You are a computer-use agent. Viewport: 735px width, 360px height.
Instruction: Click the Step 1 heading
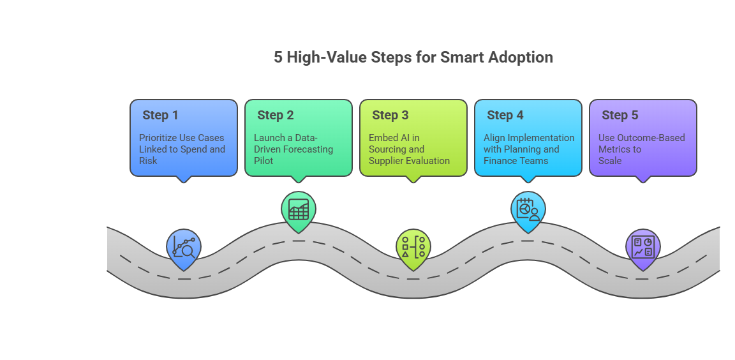pos(160,116)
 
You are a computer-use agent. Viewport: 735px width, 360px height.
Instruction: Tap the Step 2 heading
pos(275,116)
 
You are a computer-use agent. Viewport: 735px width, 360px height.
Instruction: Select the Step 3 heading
pos(390,116)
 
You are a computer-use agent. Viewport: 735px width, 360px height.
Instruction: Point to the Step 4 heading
pos(505,116)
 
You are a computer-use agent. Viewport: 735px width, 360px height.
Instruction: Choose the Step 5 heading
pos(620,116)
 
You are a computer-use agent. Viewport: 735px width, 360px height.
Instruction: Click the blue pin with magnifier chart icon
pos(184,248)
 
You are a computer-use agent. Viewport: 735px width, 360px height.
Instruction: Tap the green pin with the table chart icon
pos(299,211)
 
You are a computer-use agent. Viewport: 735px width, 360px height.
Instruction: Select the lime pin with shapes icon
pos(413,248)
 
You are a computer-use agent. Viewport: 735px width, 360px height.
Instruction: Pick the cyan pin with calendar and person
pos(528,211)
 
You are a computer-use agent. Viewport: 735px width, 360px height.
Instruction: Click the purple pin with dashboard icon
pos(643,248)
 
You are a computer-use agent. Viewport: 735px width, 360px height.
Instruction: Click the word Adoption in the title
pos(521,57)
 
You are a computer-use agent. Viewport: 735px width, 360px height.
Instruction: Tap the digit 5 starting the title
pos(278,57)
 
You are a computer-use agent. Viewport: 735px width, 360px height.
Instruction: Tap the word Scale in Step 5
pos(610,161)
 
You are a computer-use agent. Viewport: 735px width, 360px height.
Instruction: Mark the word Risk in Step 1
pos(148,161)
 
